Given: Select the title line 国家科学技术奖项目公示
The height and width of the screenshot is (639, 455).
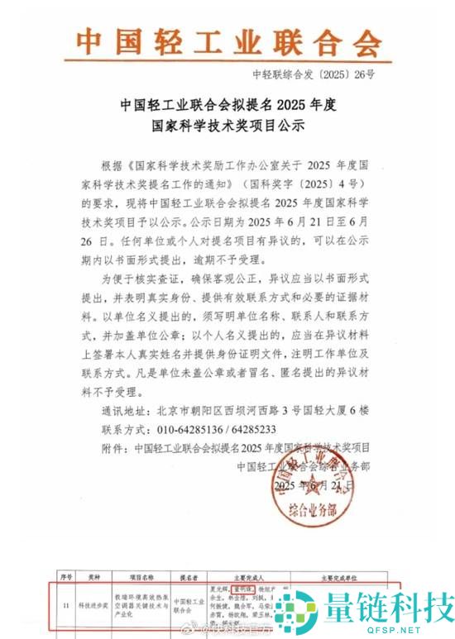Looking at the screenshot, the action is click(x=227, y=126).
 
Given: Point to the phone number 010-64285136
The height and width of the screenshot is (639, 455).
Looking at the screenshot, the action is click(x=194, y=430).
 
